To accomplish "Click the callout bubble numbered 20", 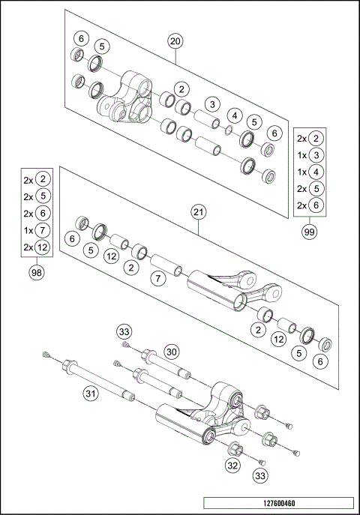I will coord(175,41).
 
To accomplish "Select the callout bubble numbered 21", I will coord(198,212).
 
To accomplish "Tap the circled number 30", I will coord(172,352).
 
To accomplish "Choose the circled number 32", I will coord(233,466).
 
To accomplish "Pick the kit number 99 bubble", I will coord(309,232).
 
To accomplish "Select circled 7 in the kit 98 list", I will coord(43,230).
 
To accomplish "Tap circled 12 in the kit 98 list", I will coord(43,247).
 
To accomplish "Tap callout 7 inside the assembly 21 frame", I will coord(157,279).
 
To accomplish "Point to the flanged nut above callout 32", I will coord(234,450).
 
